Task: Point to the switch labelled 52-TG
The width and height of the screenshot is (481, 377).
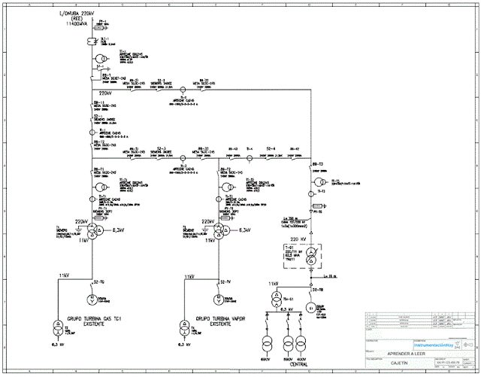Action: coord(98,282)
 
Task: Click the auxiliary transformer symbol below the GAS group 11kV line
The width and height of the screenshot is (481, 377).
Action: coord(56,327)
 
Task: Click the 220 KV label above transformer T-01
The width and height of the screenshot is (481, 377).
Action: coord(310,239)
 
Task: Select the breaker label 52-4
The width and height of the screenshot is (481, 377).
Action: coord(271,149)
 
